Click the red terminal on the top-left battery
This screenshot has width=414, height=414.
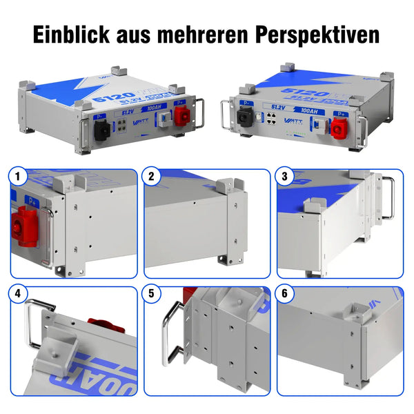point(181,117)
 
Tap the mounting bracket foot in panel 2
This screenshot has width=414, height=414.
point(227,262)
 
